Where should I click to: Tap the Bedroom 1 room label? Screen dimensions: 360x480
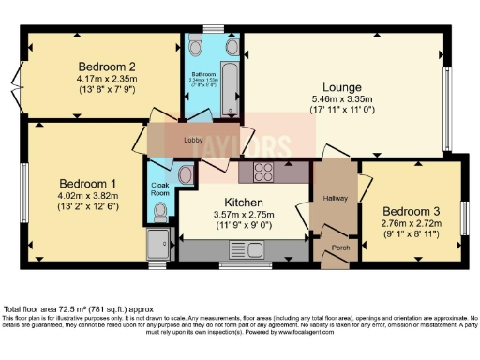[x=87, y=183]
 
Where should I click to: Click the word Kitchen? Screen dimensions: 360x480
[x=243, y=202]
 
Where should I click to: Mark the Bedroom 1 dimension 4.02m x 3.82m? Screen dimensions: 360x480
[x=87, y=195]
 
